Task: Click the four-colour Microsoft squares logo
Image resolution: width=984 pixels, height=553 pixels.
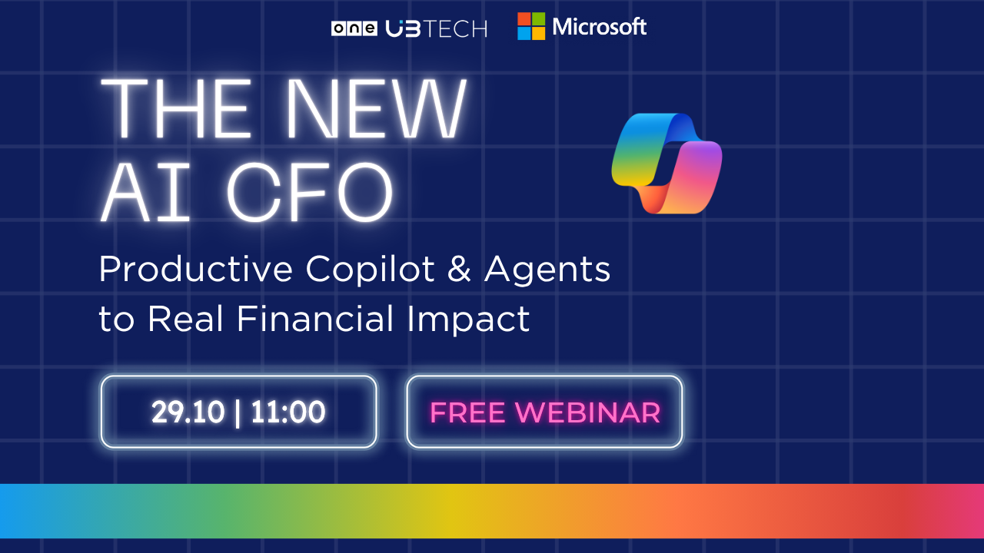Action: click(531, 26)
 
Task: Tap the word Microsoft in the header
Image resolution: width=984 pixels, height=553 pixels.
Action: click(599, 27)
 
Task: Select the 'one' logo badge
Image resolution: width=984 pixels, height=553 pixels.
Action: click(354, 29)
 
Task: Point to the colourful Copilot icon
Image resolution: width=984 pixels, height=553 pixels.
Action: click(667, 164)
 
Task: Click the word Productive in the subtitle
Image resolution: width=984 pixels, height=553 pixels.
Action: click(196, 269)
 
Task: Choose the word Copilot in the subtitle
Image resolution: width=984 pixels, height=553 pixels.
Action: click(371, 270)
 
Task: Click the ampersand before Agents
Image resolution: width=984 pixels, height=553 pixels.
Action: click(459, 269)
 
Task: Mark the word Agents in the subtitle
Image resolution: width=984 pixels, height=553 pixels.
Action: click(547, 270)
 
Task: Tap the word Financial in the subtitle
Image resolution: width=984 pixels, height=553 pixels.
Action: click(315, 319)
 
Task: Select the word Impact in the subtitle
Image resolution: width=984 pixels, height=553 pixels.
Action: click(468, 320)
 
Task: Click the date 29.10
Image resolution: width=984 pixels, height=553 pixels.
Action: click(188, 412)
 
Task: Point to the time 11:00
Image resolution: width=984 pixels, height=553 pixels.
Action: click(288, 412)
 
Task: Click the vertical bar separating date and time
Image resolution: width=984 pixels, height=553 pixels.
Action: click(238, 412)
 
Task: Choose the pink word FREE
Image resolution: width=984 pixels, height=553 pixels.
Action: click(467, 412)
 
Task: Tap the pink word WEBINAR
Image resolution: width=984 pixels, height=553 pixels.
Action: click(588, 412)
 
